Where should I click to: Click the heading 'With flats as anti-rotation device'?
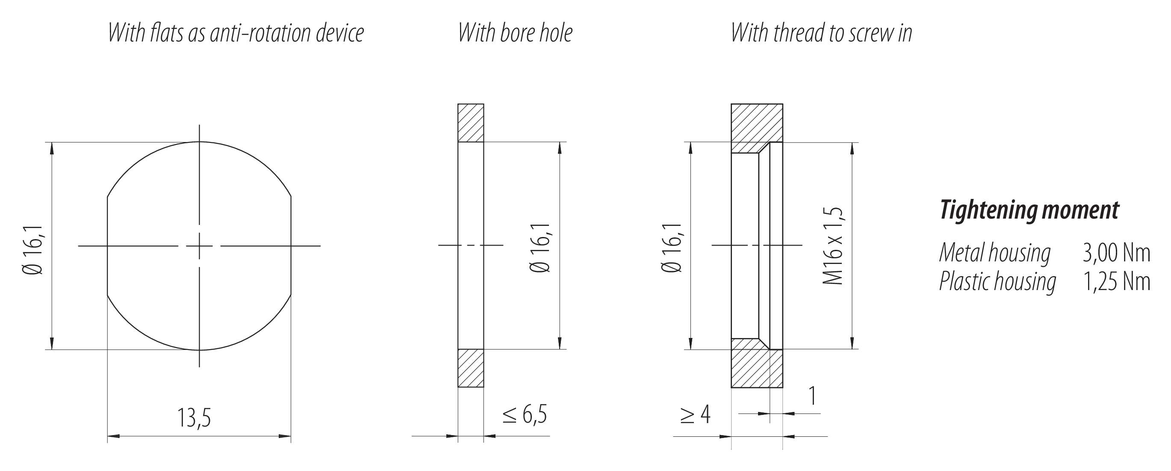[236, 33]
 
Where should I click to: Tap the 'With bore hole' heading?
[515, 33]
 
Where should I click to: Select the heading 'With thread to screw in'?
[821, 33]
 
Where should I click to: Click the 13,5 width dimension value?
[194, 418]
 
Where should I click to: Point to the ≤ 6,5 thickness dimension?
[525, 414]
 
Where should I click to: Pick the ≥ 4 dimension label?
[695, 415]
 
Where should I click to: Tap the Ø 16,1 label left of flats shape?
[33, 250]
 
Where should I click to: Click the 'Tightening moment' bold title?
[1029, 210]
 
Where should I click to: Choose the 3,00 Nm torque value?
[1116, 253]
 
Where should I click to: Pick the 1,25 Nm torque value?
[1116, 281]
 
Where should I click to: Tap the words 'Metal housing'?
[994, 253]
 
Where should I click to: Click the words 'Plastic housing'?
[997, 281]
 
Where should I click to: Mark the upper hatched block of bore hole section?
[470, 123]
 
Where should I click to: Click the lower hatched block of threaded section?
[750, 369]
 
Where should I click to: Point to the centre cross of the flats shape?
[199, 246]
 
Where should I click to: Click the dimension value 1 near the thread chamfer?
[812, 396]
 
